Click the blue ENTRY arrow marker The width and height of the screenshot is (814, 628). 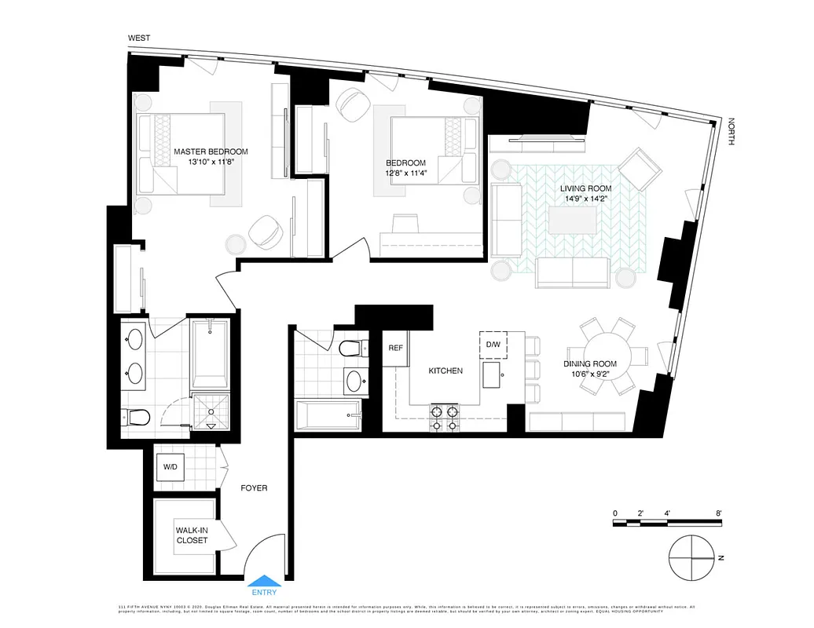[x=262, y=582]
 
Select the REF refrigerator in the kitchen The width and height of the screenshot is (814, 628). [x=395, y=347]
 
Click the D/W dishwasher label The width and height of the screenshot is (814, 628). [x=493, y=344]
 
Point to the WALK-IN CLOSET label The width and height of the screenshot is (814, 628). [x=192, y=535]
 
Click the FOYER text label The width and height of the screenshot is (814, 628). [x=254, y=488]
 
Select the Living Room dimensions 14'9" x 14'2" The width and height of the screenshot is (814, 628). [x=585, y=199]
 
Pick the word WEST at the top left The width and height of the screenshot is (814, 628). [x=141, y=38]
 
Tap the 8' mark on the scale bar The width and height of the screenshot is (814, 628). [x=719, y=513]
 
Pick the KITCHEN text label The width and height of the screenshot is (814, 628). [x=445, y=371]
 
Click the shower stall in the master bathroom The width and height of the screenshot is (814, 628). [x=210, y=409]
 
